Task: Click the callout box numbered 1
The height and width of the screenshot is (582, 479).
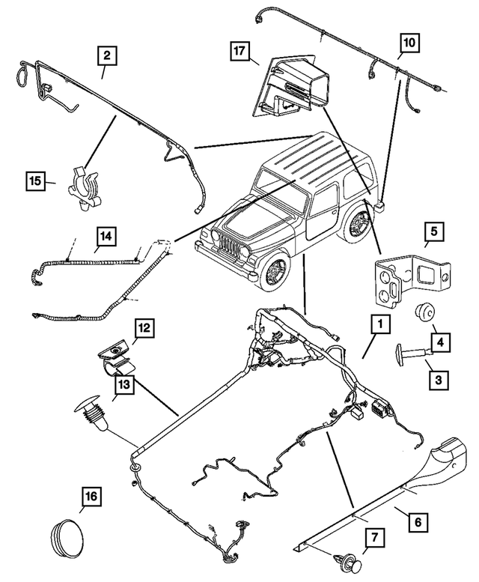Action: point(381,324)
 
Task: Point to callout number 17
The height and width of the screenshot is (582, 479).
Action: point(240,52)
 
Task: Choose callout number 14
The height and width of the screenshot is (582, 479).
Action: point(106,237)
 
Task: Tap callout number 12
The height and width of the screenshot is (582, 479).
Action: point(144,327)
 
